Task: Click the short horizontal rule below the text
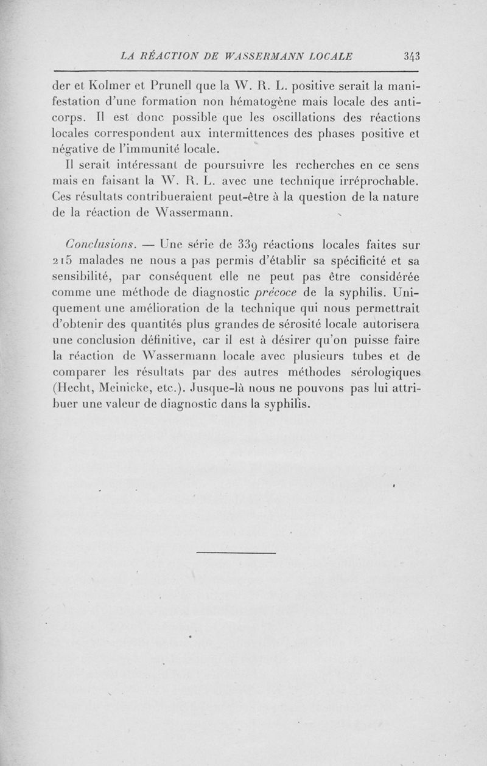point(237,552)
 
